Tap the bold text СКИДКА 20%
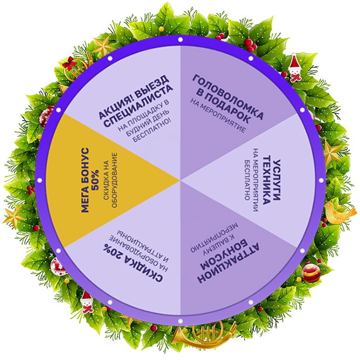129,262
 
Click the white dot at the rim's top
181,39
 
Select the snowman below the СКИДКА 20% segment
87,303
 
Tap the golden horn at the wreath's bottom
194,338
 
